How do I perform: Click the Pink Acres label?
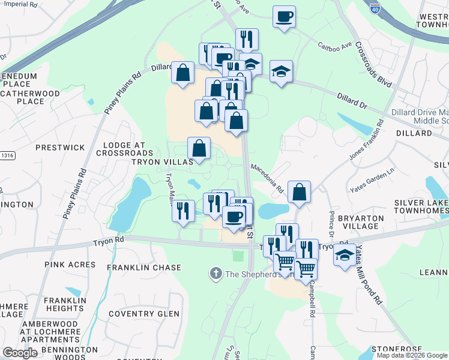click(70, 265)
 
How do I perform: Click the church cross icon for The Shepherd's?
click(215, 274)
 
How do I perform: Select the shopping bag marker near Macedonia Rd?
click(299, 192)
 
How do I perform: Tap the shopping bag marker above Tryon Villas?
click(199, 148)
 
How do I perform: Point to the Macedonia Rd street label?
click(267, 178)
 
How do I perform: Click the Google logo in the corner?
click(20, 353)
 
